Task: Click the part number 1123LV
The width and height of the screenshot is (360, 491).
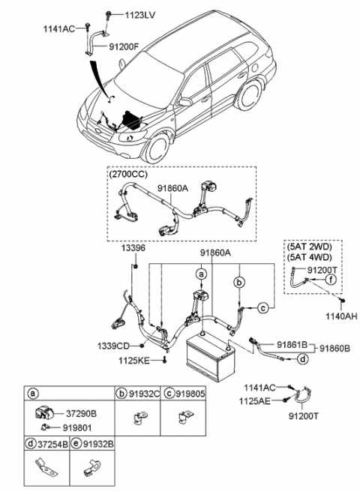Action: [x=140, y=15]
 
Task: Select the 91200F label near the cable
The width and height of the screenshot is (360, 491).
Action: [x=124, y=46]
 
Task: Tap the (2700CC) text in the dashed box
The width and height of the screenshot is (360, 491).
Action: [x=128, y=174]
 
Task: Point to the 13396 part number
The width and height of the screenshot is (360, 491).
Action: [x=133, y=248]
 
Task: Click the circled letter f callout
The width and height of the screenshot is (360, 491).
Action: [x=331, y=279]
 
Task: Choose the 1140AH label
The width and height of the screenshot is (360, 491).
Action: [x=341, y=316]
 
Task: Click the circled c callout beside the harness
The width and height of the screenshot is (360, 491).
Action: [x=263, y=308]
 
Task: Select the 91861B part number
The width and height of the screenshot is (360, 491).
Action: [x=292, y=345]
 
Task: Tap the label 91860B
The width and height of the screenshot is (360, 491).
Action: [x=335, y=349]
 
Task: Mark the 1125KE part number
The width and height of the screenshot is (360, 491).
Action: [x=134, y=361]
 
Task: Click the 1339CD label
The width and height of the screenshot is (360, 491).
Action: [x=113, y=346]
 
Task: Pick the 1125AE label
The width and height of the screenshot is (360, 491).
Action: [x=255, y=401]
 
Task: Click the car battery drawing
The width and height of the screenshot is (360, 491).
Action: [x=211, y=357]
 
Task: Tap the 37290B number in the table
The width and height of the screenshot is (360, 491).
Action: [x=81, y=414]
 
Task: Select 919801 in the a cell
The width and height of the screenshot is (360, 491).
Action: [x=77, y=428]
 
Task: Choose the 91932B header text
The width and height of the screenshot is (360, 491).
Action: [x=98, y=444]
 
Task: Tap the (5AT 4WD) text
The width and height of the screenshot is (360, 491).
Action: [x=309, y=257]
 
